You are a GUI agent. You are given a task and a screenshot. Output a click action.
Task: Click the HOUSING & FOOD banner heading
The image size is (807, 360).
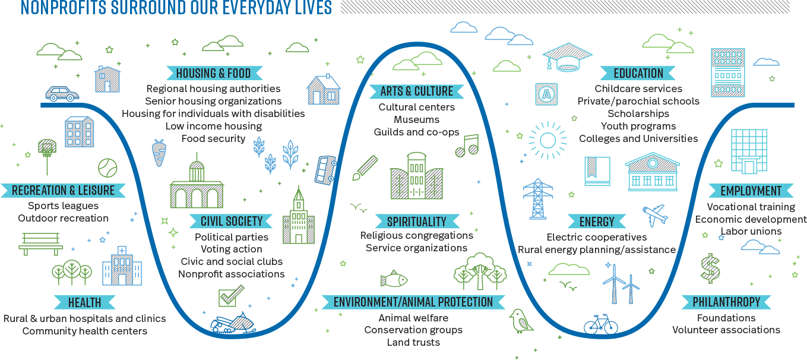click(x=214, y=73)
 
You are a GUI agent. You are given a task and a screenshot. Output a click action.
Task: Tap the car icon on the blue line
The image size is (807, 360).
click(x=62, y=94)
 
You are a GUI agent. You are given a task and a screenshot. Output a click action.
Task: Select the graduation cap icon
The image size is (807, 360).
click(x=567, y=58)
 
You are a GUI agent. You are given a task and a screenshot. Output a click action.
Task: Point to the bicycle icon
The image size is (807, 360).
click(x=600, y=324)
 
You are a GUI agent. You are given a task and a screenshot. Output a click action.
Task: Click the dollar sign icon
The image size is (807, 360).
click(x=710, y=269)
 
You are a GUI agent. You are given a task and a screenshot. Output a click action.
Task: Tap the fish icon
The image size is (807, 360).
click(x=394, y=279)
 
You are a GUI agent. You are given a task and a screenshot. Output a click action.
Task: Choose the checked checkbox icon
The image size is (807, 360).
click(x=231, y=296)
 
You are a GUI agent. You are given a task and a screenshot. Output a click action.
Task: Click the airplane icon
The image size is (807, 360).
click(x=655, y=215)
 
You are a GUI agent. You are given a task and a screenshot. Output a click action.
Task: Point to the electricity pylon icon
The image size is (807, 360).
click(x=538, y=198)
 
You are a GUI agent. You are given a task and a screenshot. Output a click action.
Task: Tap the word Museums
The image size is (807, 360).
click(x=416, y=119)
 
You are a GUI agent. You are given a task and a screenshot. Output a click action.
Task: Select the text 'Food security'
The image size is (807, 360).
click(x=213, y=139)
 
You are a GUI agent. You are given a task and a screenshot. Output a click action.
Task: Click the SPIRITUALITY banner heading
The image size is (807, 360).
click(x=417, y=221)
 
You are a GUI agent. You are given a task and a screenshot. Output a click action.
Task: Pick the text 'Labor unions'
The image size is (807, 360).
click(x=751, y=231)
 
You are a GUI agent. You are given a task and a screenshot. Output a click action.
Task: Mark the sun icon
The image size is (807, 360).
click(x=548, y=141)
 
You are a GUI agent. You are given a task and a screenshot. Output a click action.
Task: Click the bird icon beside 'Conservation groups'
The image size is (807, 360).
click(x=521, y=321)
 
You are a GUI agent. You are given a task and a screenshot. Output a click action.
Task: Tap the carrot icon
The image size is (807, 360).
click(x=159, y=153)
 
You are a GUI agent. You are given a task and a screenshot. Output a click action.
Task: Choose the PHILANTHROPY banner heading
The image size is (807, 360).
click(x=726, y=302)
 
